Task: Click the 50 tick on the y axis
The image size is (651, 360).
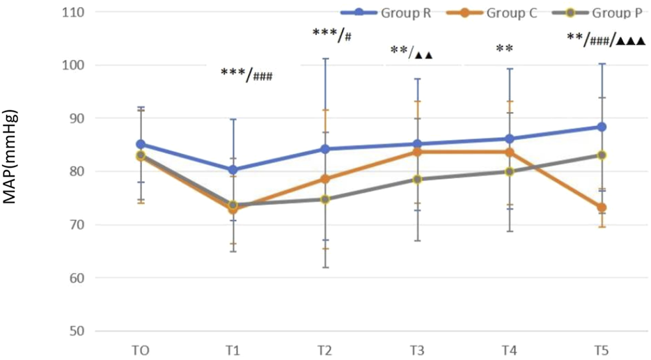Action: click(x=74, y=331)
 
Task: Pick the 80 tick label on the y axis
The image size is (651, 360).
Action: click(x=74, y=171)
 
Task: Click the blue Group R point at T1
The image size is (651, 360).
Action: click(x=233, y=169)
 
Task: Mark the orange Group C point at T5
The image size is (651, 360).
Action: click(x=601, y=208)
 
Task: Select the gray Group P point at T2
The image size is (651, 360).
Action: click(x=324, y=199)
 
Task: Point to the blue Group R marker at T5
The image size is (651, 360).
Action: click(x=601, y=127)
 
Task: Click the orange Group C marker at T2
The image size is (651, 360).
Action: click(x=324, y=179)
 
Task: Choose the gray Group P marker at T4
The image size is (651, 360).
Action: click(x=509, y=171)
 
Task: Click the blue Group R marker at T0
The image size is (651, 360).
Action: click(x=141, y=144)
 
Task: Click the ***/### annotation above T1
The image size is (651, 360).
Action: click(x=246, y=74)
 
